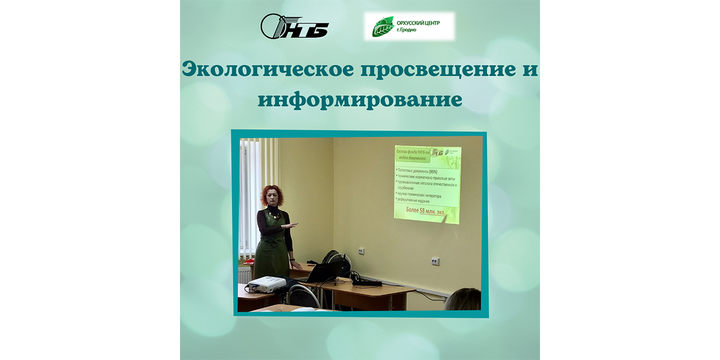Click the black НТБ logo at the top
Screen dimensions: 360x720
point(295,26)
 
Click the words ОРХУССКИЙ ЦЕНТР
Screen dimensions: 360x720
point(422,22)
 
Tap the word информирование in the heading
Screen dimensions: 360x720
point(360,99)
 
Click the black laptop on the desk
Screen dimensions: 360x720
point(327,272)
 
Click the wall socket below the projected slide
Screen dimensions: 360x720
point(436,261)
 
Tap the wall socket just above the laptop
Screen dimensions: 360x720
point(361,251)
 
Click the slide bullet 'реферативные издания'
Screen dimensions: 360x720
point(420,201)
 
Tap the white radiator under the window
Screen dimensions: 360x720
point(246,274)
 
